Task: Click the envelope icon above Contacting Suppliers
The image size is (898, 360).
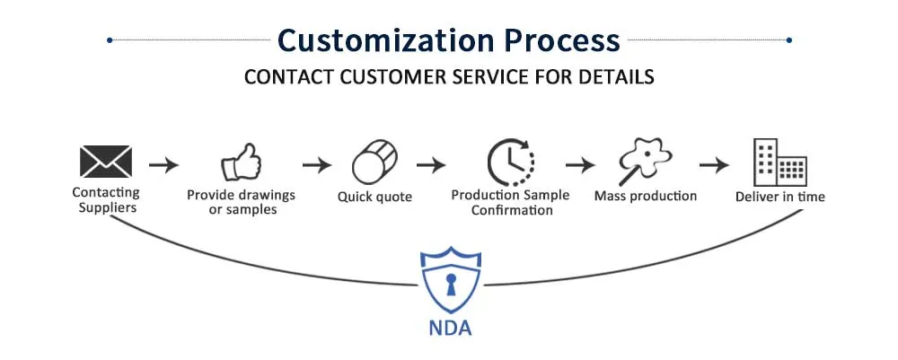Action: [x=106, y=162]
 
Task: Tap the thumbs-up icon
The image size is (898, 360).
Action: [x=241, y=164]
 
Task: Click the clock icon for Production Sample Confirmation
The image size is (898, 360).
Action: [x=509, y=162]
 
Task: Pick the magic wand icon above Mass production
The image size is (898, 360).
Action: [x=645, y=162]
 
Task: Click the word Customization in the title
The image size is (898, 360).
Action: [x=383, y=40]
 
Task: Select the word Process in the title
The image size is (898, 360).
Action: [x=559, y=40]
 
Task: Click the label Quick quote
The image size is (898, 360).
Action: [x=374, y=196]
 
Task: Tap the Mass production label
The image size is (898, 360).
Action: [x=645, y=196]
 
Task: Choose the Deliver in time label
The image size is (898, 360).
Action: [x=779, y=196]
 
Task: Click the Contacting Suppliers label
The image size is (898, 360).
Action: [x=106, y=198]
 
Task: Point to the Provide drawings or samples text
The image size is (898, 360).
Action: [x=241, y=202]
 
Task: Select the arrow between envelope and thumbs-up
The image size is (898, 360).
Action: [x=164, y=165]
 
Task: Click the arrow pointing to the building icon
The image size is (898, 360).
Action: [x=714, y=165]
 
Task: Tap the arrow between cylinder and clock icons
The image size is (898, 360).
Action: [x=431, y=165]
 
